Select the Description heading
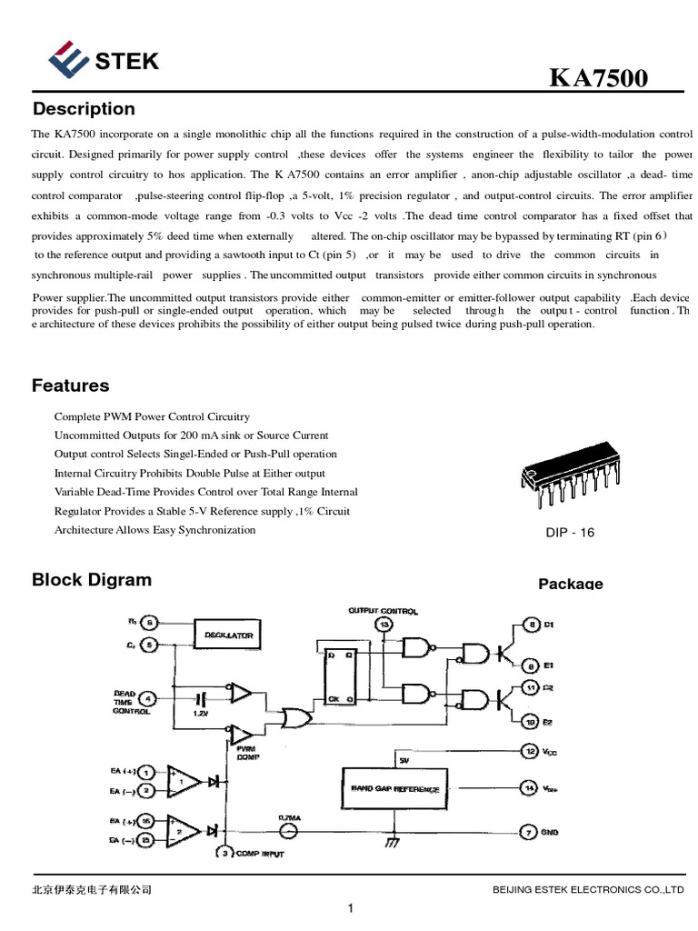coord(84,109)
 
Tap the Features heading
coord(70,385)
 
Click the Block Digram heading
coord(92,580)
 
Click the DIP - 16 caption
coord(569,533)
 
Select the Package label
coord(570,584)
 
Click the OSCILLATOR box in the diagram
coord(228,635)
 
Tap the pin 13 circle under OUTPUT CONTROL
coord(384,625)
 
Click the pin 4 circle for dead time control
coord(149,698)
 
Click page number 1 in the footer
coord(350,908)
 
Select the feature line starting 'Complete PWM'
coord(152,416)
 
